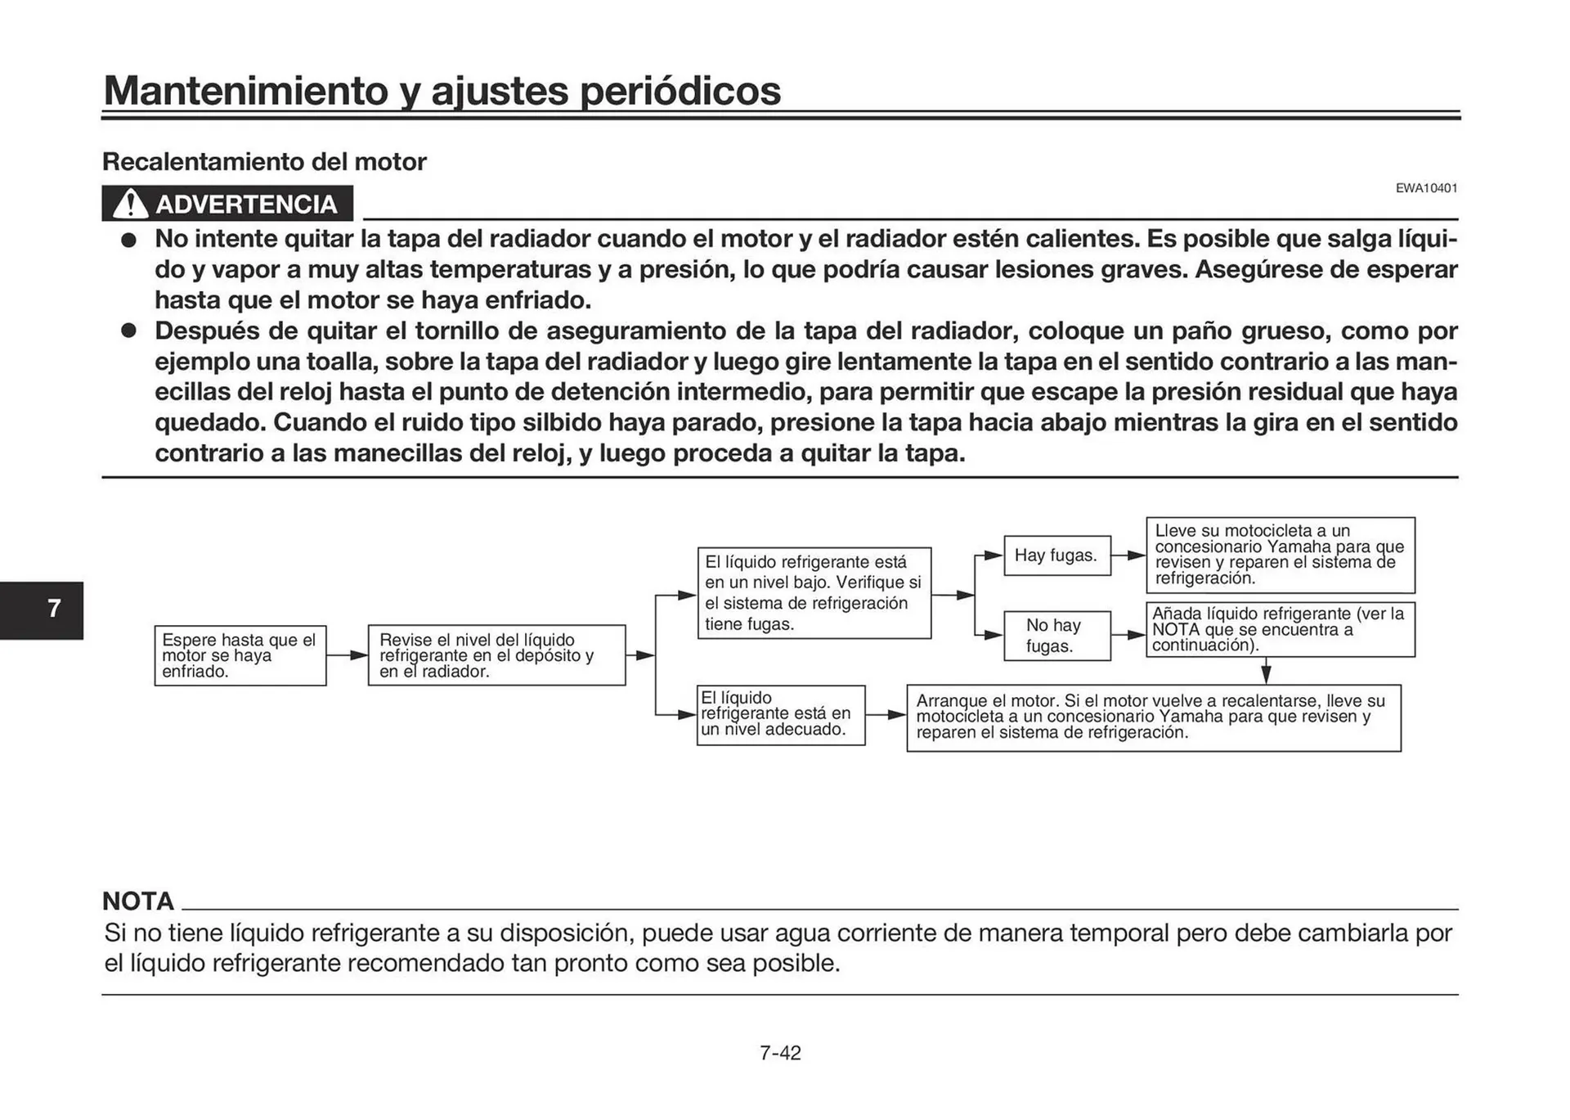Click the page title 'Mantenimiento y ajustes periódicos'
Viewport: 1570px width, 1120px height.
point(442,90)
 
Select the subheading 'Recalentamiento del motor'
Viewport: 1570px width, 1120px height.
point(264,162)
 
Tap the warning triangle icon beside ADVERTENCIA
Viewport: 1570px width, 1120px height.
point(129,204)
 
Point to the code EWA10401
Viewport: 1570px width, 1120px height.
point(1426,188)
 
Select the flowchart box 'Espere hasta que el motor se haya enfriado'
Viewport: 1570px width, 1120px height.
point(240,656)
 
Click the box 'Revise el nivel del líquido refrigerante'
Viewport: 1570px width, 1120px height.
point(496,656)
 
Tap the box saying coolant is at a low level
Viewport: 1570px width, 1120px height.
point(814,593)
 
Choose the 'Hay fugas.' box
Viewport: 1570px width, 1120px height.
point(1056,556)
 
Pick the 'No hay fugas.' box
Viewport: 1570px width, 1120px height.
point(1056,636)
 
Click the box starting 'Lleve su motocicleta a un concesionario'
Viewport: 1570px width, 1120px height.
point(1280,555)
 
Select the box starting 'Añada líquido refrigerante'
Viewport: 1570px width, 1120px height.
point(1280,630)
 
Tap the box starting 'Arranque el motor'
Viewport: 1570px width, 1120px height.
point(1153,717)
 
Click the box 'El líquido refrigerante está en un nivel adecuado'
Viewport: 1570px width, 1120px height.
point(780,715)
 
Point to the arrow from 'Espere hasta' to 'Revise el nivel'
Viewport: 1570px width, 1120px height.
point(348,655)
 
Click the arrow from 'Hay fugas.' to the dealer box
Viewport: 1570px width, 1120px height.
point(1129,556)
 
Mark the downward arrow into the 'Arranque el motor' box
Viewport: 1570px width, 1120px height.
point(1266,672)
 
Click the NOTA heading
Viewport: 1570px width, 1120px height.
point(138,901)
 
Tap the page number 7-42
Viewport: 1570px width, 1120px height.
point(780,1053)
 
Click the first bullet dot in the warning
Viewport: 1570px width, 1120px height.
point(128,241)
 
